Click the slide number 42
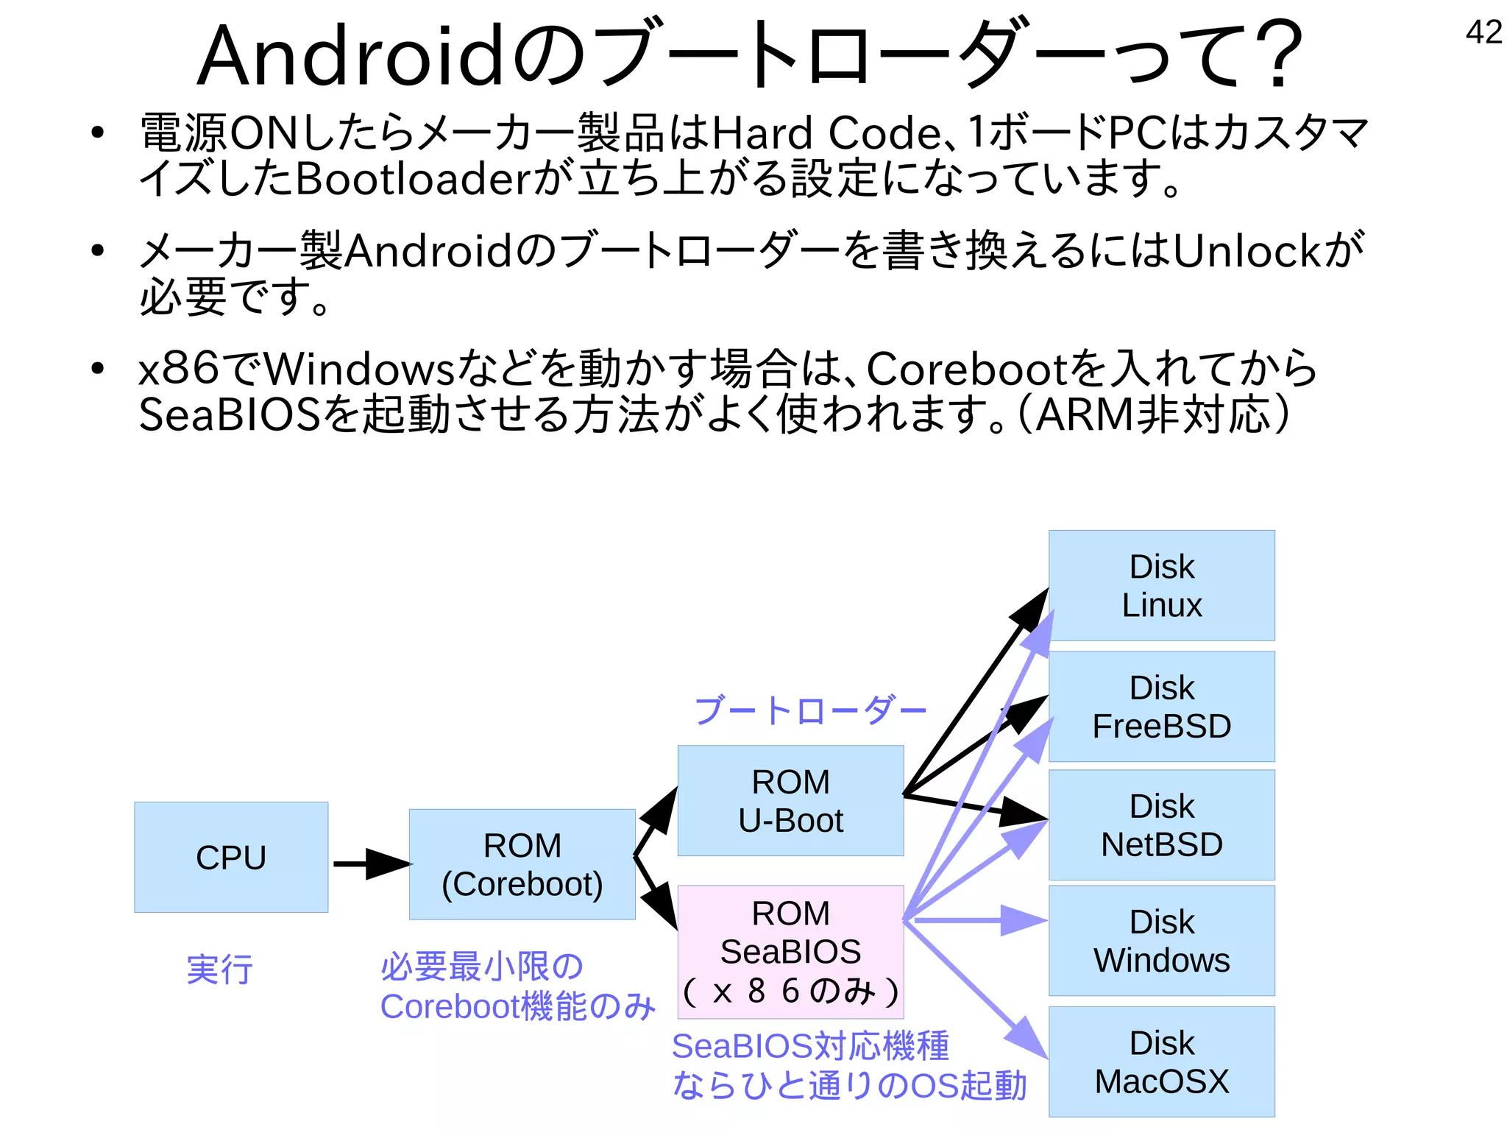[x=1483, y=32]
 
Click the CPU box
[x=231, y=857]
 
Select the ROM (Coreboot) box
[x=522, y=864]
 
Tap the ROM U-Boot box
[x=790, y=801]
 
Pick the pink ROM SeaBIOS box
[x=790, y=951]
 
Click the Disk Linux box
[x=1161, y=585]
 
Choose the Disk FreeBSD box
[x=1161, y=706]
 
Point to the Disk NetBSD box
[x=1161, y=824]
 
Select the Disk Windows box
[x=1161, y=940]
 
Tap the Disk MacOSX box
[x=1161, y=1062]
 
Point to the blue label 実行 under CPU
[x=219, y=970]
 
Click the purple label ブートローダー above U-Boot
[x=809, y=711]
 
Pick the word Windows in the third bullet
[x=360, y=368]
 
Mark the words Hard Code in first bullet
[x=824, y=133]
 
